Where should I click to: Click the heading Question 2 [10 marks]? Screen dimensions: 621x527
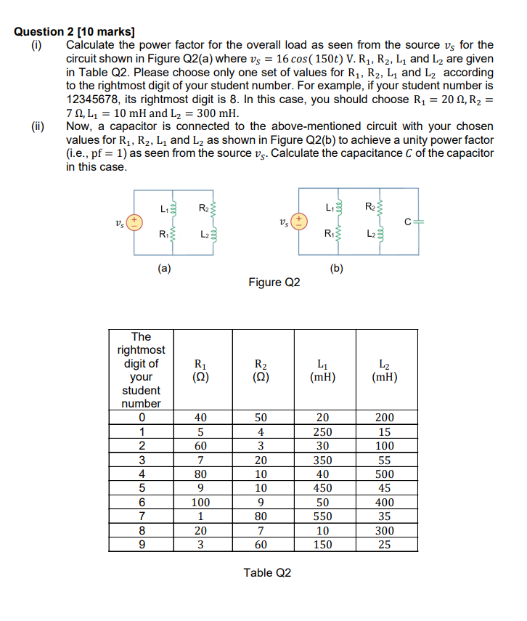pyautogui.click(x=75, y=32)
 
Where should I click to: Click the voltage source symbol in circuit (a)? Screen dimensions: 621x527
pyautogui.click(x=134, y=219)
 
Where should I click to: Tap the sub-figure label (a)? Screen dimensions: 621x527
pyautogui.click(x=166, y=267)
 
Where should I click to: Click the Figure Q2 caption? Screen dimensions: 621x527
pyautogui.click(x=274, y=282)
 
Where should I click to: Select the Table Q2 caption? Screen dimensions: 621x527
pyautogui.click(x=268, y=573)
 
